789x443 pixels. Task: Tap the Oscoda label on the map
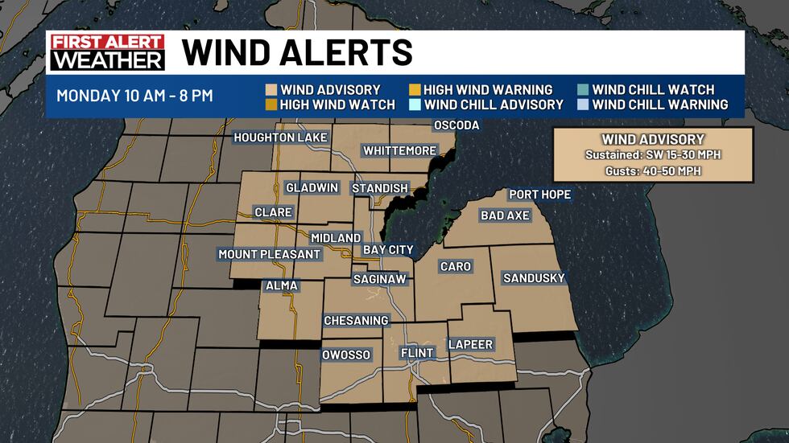point(456,125)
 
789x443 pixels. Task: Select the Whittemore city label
point(399,150)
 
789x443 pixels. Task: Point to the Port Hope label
point(539,195)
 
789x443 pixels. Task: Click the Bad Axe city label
point(505,215)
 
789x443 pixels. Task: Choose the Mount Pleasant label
point(270,254)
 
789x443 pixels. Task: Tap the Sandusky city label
point(534,278)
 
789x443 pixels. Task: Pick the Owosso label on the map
point(345,355)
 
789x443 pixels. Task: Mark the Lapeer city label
point(470,344)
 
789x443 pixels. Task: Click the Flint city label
point(417,353)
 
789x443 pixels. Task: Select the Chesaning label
point(356,321)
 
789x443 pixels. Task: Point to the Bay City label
point(388,250)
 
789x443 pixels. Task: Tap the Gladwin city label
point(311,188)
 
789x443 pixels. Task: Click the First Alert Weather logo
point(107,53)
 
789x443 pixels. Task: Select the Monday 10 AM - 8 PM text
point(134,96)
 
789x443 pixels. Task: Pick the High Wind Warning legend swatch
point(414,90)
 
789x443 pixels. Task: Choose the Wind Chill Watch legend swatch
point(582,90)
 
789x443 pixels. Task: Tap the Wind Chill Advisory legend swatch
point(414,105)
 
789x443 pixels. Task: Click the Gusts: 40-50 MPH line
point(653,171)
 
